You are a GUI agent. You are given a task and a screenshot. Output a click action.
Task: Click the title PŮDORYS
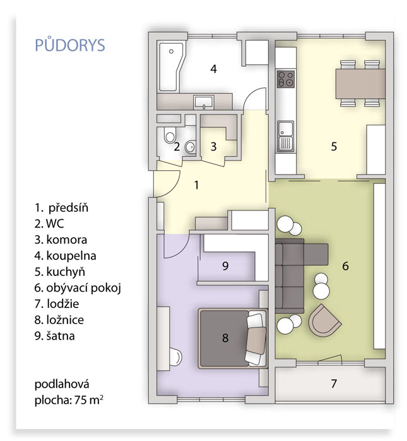click(70, 45)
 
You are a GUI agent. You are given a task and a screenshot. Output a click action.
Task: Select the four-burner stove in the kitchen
click(286, 79)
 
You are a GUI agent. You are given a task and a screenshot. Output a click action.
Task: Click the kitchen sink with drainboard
click(285, 136)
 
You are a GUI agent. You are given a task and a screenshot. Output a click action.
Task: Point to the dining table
click(360, 83)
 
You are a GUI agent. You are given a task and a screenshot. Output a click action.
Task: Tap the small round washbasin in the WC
click(191, 147)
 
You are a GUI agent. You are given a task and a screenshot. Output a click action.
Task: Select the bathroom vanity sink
click(203, 102)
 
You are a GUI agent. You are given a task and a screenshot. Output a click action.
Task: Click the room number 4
click(213, 69)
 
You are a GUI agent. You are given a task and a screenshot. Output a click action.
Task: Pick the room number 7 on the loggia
click(333, 383)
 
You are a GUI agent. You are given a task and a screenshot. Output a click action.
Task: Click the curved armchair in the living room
click(324, 320)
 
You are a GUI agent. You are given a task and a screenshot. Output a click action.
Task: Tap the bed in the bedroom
click(233, 338)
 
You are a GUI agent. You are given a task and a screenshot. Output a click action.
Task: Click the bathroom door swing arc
click(254, 98)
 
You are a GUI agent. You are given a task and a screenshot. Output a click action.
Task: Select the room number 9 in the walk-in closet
click(225, 266)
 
